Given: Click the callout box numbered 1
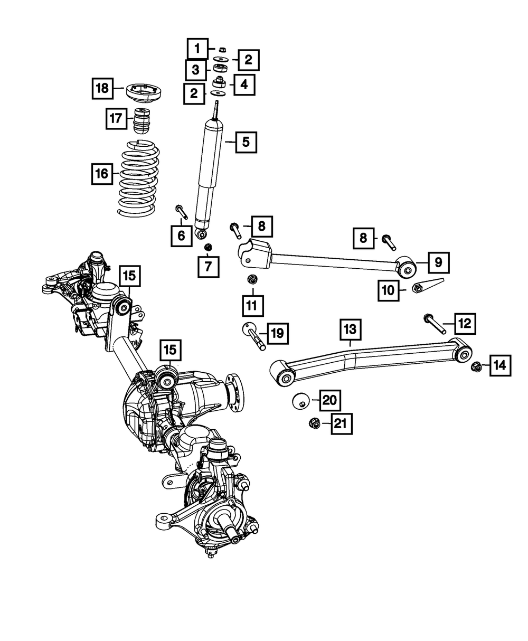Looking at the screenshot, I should [197, 50].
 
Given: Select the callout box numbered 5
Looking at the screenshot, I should [247, 142].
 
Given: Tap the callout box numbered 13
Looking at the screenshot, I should [350, 330].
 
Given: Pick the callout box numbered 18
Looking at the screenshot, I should [102, 88].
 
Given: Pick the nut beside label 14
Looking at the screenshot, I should [475, 365].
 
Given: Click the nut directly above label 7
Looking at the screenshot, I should [208, 247].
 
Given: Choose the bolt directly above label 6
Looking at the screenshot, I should [181, 211].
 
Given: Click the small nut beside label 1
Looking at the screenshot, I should [222, 50].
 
